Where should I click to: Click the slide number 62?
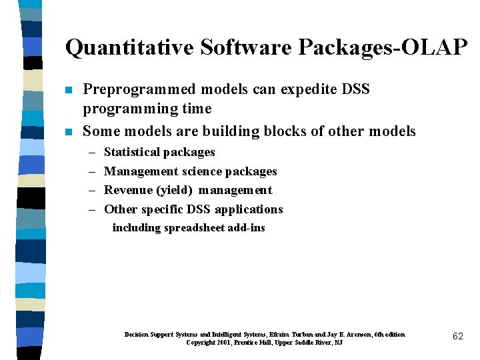[458, 337]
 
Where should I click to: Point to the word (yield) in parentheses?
[174, 190]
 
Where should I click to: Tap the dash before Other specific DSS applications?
[91, 209]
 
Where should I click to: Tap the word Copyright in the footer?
[201, 343]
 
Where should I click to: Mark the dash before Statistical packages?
[91, 153]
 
